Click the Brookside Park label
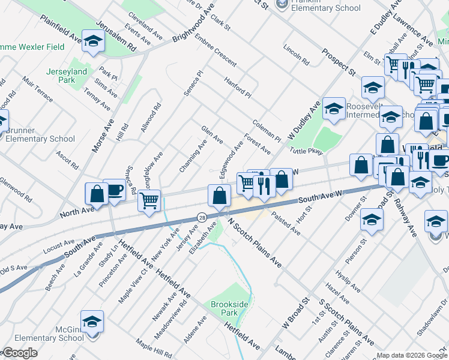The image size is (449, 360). (x=229, y=308)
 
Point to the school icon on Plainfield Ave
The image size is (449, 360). (x=93, y=41)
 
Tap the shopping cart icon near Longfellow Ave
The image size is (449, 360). (x=149, y=200)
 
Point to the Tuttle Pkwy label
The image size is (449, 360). (x=306, y=151)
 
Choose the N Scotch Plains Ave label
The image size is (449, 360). (x=255, y=242)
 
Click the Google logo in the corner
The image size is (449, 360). (x=19, y=353)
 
